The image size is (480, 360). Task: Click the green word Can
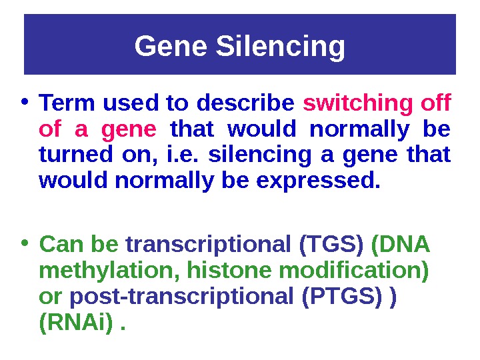[x=59, y=246]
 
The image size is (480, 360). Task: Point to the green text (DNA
[x=400, y=246]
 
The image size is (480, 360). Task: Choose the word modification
[x=354, y=272]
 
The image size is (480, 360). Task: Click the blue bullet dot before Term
[x=24, y=104]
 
